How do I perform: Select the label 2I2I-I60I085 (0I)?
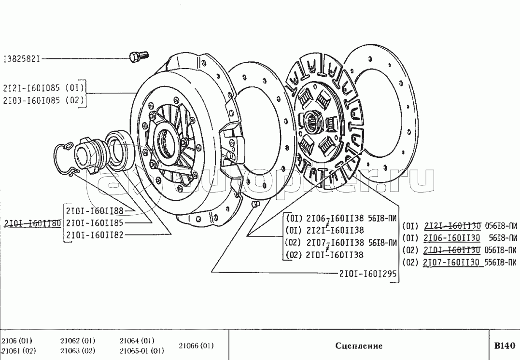click(x=43, y=88)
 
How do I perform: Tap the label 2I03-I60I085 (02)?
click(x=43, y=100)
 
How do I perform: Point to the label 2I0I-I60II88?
click(x=94, y=210)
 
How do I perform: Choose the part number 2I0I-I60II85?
click(x=94, y=223)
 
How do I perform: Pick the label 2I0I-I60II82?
click(x=94, y=235)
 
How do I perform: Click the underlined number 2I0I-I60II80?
click(x=32, y=223)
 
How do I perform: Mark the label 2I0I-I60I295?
click(x=367, y=273)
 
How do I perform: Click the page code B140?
click(x=505, y=346)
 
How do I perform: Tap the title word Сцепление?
click(x=358, y=346)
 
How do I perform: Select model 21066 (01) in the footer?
click(x=196, y=346)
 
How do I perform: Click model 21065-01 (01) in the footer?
click(x=141, y=351)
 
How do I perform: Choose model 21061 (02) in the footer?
click(x=18, y=351)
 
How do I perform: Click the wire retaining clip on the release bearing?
click(x=64, y=157)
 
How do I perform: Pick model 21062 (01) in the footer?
click(x=77, y=340)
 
